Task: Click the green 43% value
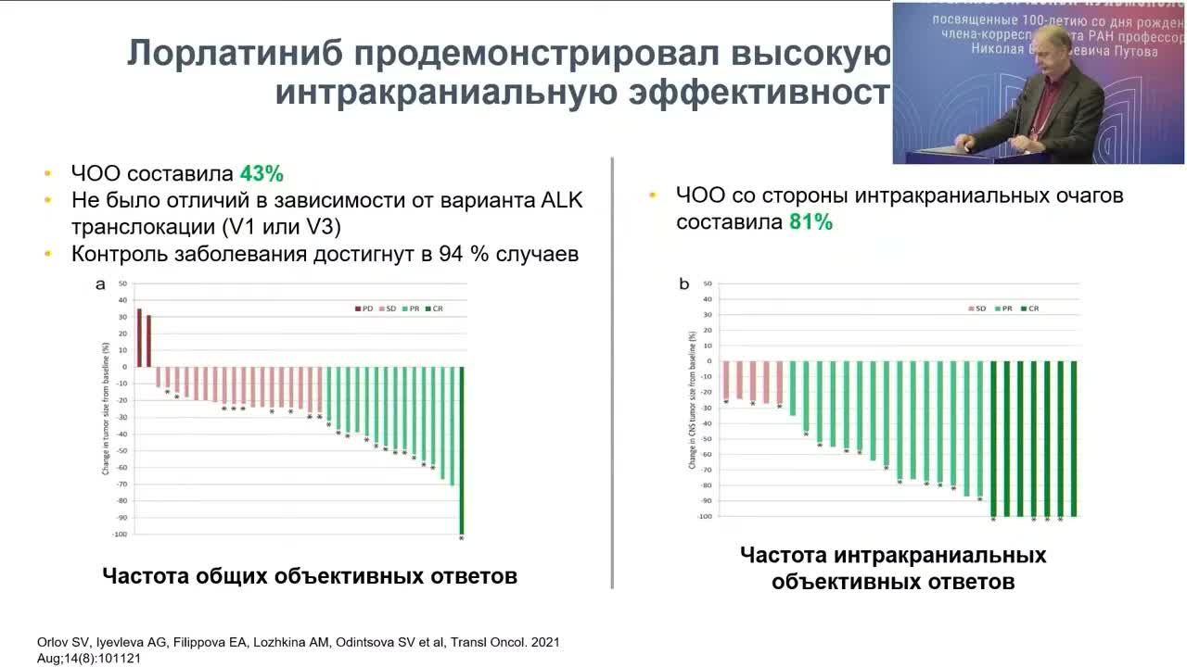[x=261, y=174]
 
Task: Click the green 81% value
[x=810, y=222]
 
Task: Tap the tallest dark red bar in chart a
[x=139, y=337]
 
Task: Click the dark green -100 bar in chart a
[x=461, y=449]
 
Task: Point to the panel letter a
[x=100, y=284]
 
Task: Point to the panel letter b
[x=684, y=284]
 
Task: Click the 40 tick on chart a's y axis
[x=122, y=299]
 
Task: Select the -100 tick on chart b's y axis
[x=706, y=516]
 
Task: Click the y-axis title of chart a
[x=106, y=408]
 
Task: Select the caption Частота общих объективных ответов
[x=309, y=576]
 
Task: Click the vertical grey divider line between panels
[x=612, y=371]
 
